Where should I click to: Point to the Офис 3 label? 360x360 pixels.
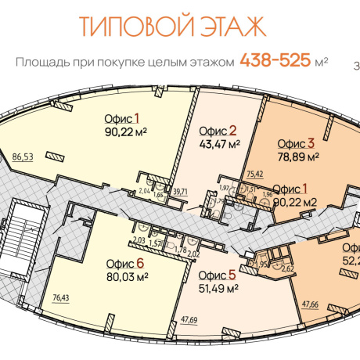point(295,143)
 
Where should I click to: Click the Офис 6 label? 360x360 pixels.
point(128,263)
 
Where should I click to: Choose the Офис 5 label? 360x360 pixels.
point(217,275)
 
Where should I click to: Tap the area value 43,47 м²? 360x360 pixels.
point(220,143)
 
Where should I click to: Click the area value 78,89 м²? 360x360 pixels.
point(297,157)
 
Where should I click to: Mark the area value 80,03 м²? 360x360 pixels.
point(128,275)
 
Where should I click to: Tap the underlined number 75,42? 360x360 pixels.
point(254,174)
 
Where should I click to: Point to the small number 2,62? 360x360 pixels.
point(287,268)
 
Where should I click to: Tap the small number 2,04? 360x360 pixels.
point(144,190)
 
